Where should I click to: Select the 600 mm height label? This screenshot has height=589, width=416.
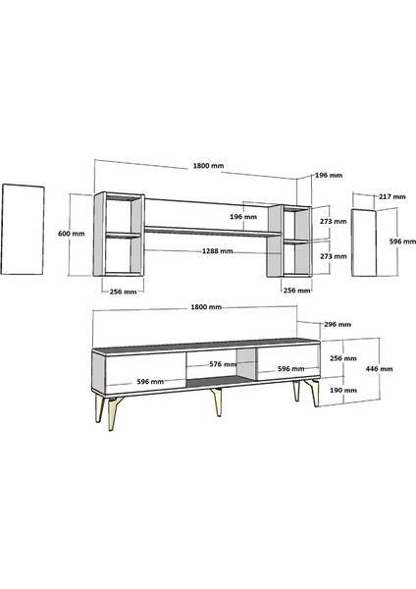pos(72,234)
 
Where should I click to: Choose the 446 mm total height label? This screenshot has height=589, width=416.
pos(380,369)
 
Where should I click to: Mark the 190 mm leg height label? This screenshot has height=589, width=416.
pos(343,390)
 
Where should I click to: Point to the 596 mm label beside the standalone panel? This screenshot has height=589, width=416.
pos(390,241)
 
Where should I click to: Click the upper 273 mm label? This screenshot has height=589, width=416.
pos(334,222)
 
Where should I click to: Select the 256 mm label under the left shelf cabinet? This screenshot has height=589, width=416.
pos(122,291)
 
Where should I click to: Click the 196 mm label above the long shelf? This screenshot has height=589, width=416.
pos(242,216)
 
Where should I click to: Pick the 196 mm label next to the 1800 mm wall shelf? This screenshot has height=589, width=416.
pos(329,176)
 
